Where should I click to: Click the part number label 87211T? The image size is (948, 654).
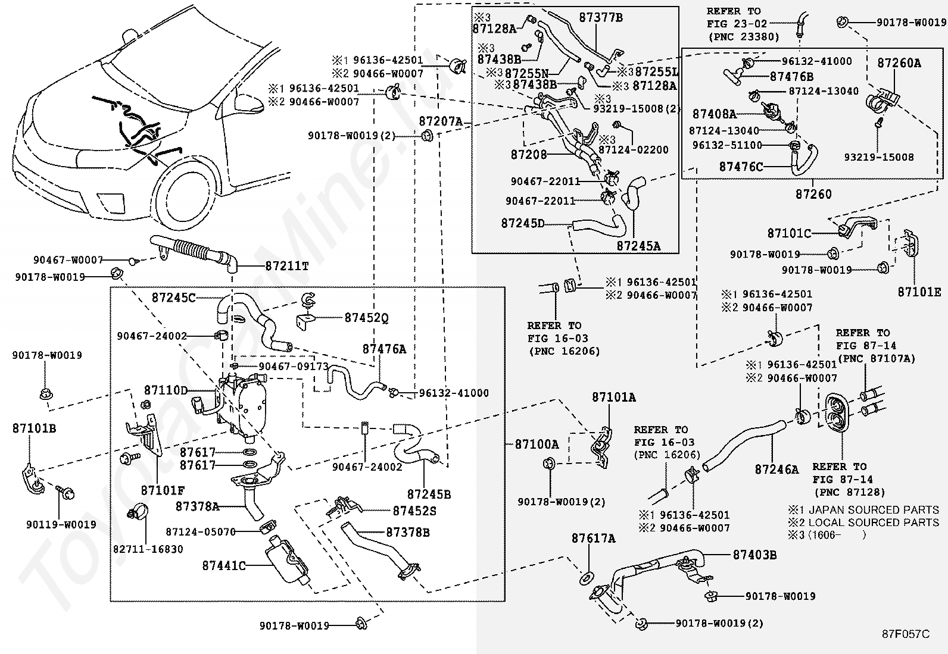pyautogui.click(x=287, y=266)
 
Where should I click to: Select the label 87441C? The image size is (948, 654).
pyautogui.click(x=224, y=566)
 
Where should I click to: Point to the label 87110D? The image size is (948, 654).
pyautogui.click(x=166, y=390)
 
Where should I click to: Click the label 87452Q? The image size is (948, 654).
pyautogui.click(x=366, y=318)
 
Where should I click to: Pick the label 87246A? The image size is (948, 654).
pyautogui.click(x=777, y=470)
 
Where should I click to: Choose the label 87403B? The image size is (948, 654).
pyautogui.click(x=754, y=555)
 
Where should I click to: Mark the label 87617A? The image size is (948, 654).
pyautogui.click(x=594, y=539)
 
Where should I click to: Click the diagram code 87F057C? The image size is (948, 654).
pyautogui.click(x=906, y=634)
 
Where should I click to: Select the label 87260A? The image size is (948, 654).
pyautogui.click(x=899, y=63)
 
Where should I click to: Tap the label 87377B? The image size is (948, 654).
pyautogui.click(x=601, y=18)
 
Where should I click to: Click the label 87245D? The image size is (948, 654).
pyautogui.click(x=523, y=223)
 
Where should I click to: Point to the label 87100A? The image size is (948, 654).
pyautogui.click(x=537, y=444)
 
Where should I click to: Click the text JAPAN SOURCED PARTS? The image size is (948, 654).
pyautogui.click(x=874, y=510)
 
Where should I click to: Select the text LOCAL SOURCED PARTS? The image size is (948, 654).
pyautogui.click(x=874, y=522)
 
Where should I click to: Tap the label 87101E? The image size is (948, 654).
pyautogui.click(x=919, y=292)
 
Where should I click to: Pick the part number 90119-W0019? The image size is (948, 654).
pyautogui.click(x=61, y=524)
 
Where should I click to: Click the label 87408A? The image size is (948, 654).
pyautogui.click(x=714, y=114)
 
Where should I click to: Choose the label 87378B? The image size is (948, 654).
pyautogui.click(x=408, y=532)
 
